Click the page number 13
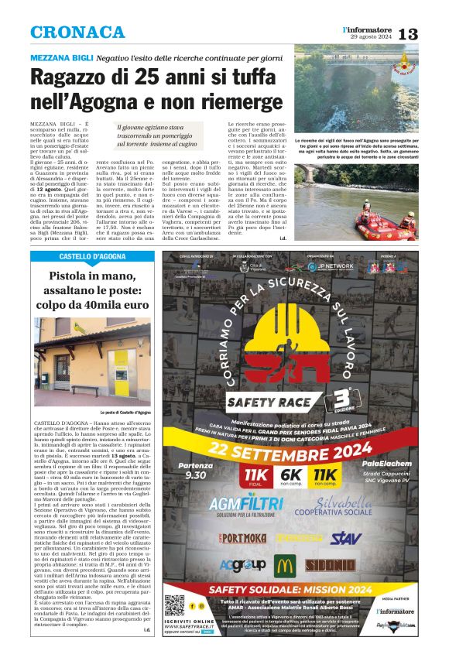[x=430, y=33]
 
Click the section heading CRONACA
[x=77, y=33]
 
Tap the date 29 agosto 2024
[x=372, y=38]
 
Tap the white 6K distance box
[x=292, y=476]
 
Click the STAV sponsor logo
[x=346, y=537]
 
